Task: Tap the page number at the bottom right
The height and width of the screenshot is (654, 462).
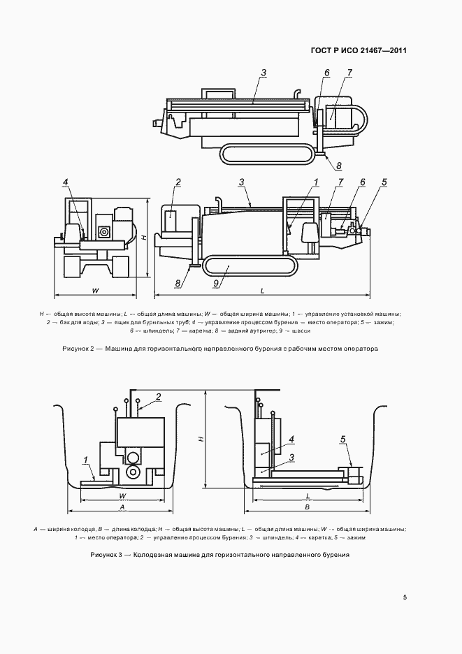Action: click(405, 597)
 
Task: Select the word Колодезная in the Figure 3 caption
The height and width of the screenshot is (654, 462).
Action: click(153, 554)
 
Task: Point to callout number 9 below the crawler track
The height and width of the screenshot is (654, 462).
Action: click(216, 283)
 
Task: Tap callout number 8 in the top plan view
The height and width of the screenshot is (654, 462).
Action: click(338, 166)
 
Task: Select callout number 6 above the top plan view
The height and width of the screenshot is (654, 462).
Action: click(326, 73)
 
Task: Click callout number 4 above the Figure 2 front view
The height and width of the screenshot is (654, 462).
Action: click(65, 182)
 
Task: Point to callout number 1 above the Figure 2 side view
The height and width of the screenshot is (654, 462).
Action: click(317, 182)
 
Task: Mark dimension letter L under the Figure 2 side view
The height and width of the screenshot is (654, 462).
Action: click(261, 289)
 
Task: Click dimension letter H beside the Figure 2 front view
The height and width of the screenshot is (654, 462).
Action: click(143, 238)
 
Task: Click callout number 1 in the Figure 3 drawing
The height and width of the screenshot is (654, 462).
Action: click(85, 459)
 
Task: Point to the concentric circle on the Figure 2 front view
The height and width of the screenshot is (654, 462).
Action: click(105, 231)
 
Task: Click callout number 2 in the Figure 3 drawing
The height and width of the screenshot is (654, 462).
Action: click(159, 397)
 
